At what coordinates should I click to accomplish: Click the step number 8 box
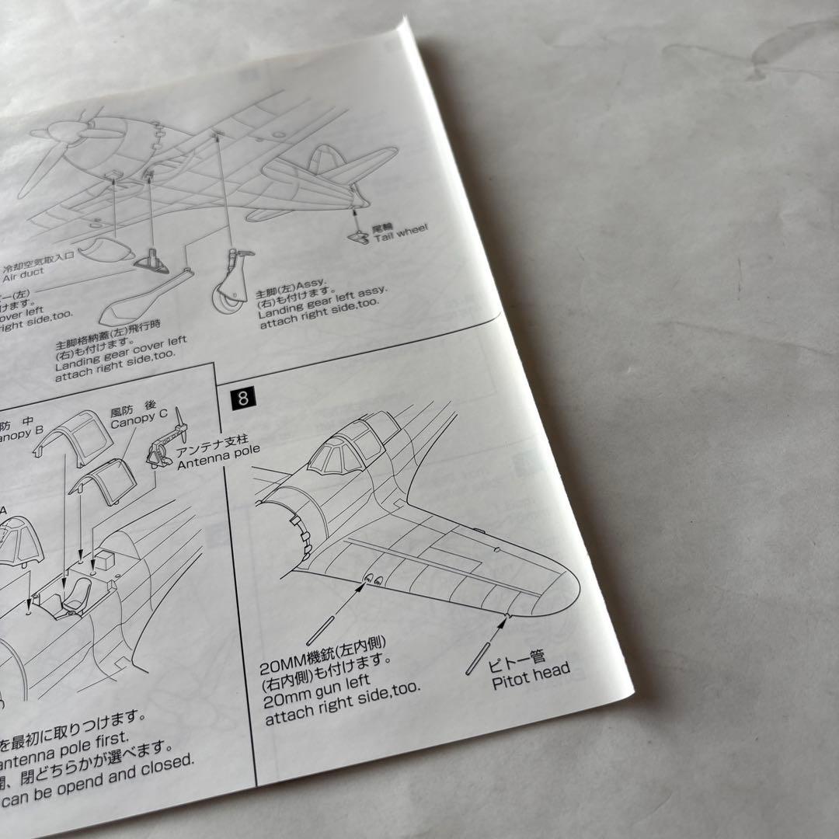pos(243,399)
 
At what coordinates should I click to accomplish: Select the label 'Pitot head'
pos(531,676)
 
